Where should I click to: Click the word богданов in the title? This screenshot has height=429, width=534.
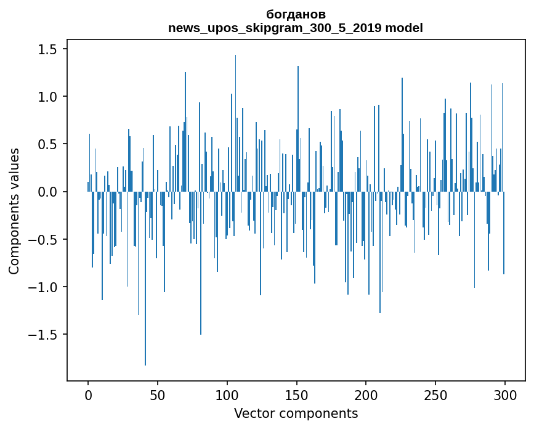[x=296, y=14]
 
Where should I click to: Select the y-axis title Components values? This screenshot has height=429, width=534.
[x=14, y=211]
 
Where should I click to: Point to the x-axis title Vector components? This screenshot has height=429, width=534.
[x=296, y=413]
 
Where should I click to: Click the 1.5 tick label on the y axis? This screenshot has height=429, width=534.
[x=49, y=49]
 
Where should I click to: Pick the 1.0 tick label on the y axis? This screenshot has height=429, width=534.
[x=49, y=97]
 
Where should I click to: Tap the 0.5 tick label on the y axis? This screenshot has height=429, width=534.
[x=49, y=144]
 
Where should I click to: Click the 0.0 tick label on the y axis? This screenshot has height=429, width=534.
[x=49, y=192]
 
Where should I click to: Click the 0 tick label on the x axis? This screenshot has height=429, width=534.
[x=88, y=394]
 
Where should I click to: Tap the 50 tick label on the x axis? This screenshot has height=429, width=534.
[x=158, y=394]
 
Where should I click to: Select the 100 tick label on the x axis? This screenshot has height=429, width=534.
[x=227, y=394]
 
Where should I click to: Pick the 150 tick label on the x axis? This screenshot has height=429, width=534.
[x=296, y=394]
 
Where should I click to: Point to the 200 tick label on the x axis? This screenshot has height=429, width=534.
[x=366, y=394]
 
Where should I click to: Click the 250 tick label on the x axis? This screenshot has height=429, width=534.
[x=435, y=394]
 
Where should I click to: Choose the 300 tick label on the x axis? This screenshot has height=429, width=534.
[x=505, y=394]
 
